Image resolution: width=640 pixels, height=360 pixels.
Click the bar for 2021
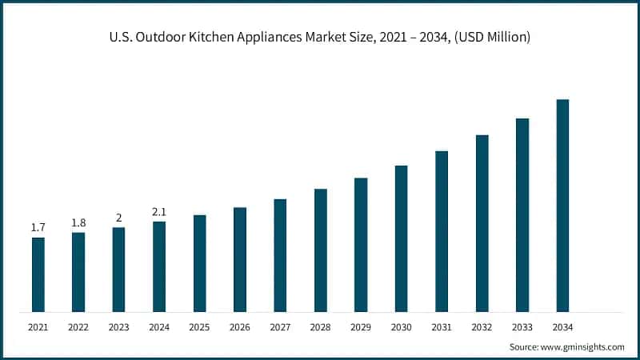(x=38, y=274)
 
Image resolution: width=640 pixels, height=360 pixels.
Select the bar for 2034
(x=562, y=206)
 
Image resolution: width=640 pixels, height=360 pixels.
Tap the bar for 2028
(x=320, y=250)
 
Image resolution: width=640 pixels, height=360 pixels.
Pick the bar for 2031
(x=442, y=231)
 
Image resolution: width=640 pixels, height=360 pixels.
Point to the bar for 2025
(x=199, y=263)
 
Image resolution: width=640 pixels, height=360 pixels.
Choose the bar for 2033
(x=522, y=215)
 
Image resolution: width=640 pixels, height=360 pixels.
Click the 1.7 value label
(x=38, y=228)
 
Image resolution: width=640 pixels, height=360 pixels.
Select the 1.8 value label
(x=78, y=222)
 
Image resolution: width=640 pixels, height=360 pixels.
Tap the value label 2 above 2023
(x=118, y=218)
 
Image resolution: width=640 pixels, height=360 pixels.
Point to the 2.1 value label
(x=159, y=212)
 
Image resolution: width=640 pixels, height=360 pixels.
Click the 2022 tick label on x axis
(x=78, y=327)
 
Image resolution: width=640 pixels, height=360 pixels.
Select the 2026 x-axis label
(x=239, y=327)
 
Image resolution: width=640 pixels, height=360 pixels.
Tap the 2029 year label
(x=361, y=327)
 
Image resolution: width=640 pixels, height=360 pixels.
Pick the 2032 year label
(x=482, y=327)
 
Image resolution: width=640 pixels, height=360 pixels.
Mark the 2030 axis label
(x=401, y=327)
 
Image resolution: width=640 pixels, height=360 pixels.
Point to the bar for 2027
(x=280, y=255)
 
